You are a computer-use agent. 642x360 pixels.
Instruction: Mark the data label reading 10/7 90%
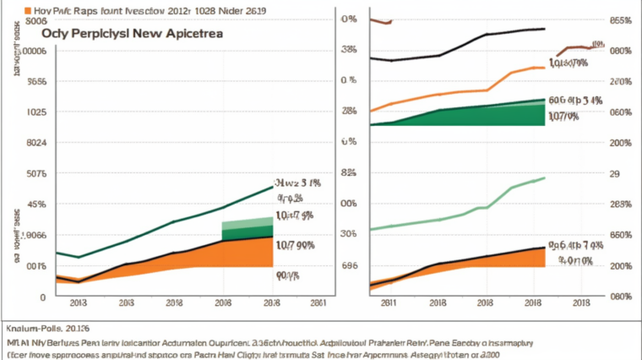[x=295, y=245]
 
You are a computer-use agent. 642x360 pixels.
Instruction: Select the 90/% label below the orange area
[x=288, y=275]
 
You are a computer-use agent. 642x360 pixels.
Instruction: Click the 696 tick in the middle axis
[x=349, y=265]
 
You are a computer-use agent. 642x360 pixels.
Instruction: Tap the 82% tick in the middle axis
[x=348, y=173]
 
